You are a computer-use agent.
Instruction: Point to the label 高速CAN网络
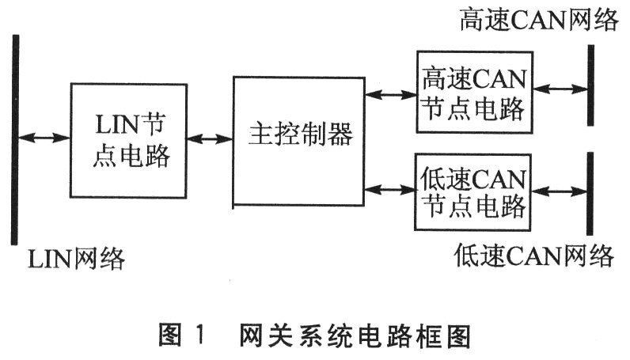tap(538, 21)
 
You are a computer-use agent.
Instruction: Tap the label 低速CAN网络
tap(534, 256)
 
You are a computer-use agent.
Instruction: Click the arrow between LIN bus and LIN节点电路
tap(44, 138)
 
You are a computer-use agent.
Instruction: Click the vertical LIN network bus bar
tap(14, 139)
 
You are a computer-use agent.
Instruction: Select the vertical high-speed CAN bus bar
tap(590, 85)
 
